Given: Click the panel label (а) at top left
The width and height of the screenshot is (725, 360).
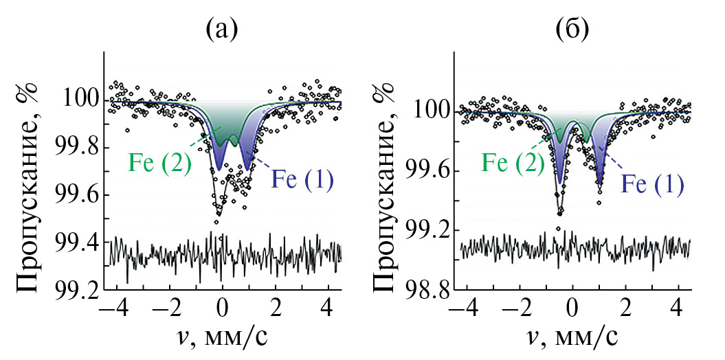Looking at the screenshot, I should [221, 28].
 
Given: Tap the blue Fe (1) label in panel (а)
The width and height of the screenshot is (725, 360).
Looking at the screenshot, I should [302, 180].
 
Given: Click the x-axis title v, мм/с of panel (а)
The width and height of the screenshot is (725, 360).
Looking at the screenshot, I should [223, 339].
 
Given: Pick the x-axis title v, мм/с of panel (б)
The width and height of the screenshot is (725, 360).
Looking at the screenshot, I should [571, 339].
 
